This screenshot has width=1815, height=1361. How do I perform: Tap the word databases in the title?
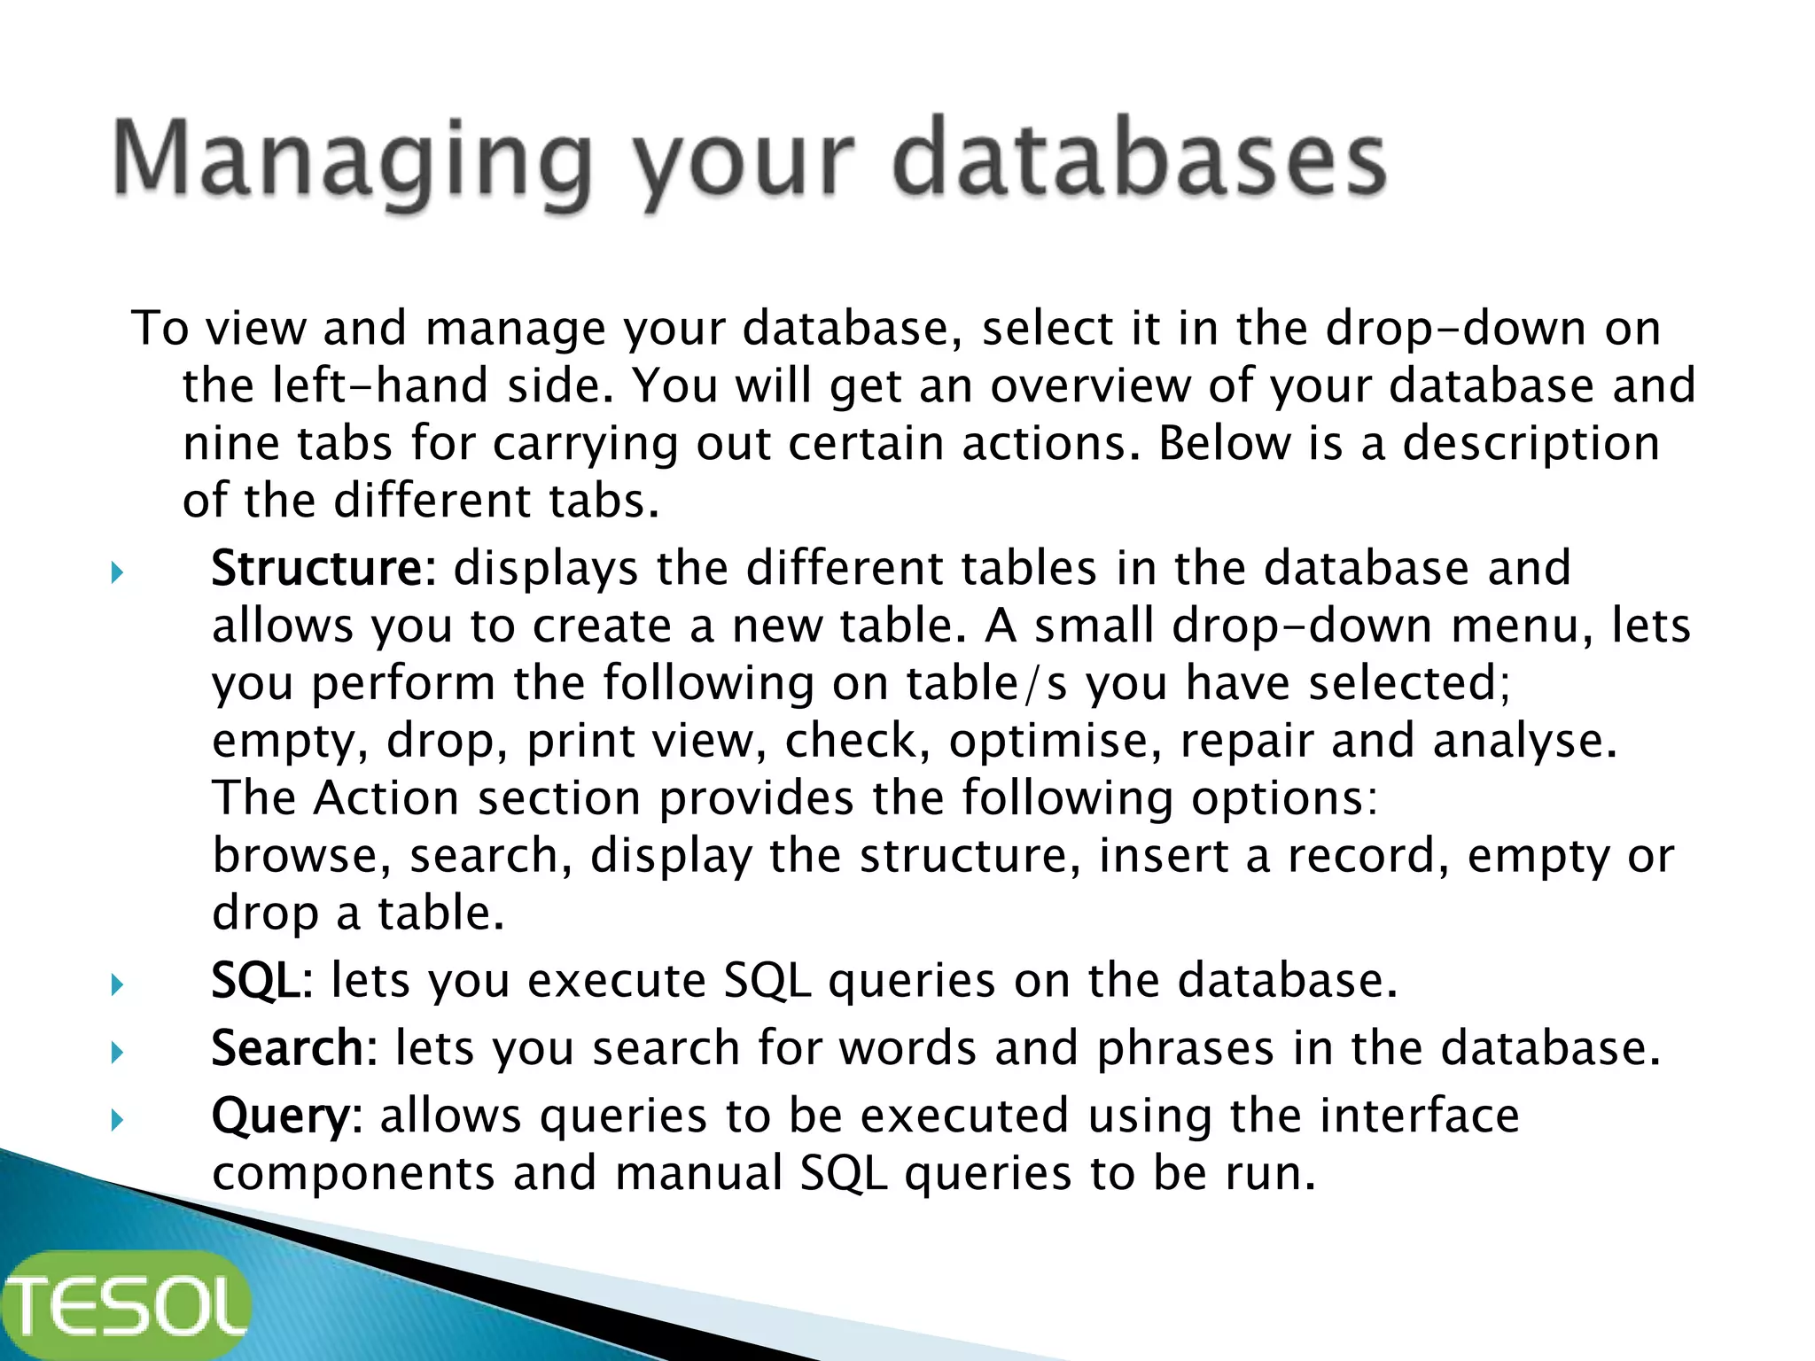pyautogui.click(x=1139, y=159)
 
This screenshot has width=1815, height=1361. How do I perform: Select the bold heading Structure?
pyautogui.click(x=323, y=568)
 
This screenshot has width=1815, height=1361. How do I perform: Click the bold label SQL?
pyautogui.click(x=261, y=981)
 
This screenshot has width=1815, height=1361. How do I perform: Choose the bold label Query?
pyautogui.click(x=286, y=1116)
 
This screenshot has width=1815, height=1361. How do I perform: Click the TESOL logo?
pyautogui.click(x=126, y=1305)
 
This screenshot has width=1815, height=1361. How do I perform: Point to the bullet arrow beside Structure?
pyautogui.click(x=117, y=572)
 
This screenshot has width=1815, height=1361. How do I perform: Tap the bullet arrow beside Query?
pyautogui.click(x=117, y=1121)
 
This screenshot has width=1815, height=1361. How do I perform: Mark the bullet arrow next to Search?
pyautogui.click(x=117, y=1053)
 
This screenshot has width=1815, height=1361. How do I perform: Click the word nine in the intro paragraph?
pyautogui.click(x=238, y=443)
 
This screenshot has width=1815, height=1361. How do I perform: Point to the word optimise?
pyautogui.click(x=1055, y=741)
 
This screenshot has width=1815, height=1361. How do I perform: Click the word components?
pyautogui.click(x=353, y=1173)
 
